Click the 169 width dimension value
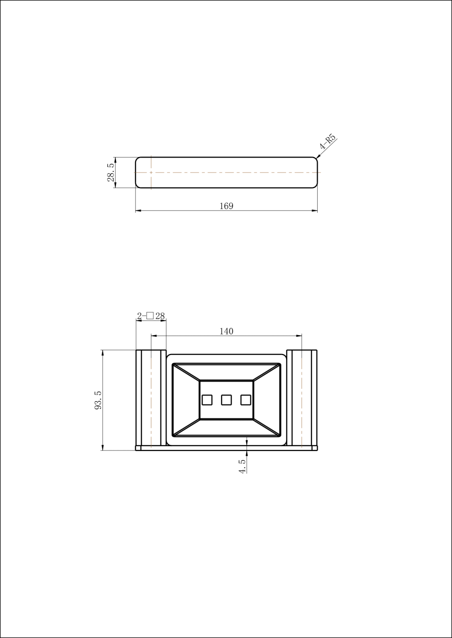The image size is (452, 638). (x=227, y=206)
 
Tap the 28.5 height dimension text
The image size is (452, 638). (x=111, y=172)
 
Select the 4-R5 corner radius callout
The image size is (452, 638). (x=328, y=142)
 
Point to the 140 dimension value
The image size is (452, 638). (x=227, y=331)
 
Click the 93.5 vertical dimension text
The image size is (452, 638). (x=98, y=400)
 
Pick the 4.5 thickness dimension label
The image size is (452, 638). (x=242, y=466)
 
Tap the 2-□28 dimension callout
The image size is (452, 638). (x=151, y=316)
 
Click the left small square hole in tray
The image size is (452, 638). (x=207, y=400)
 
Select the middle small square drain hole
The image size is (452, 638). (x=227, y=400)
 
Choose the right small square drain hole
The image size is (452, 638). (x=245, y=400)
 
